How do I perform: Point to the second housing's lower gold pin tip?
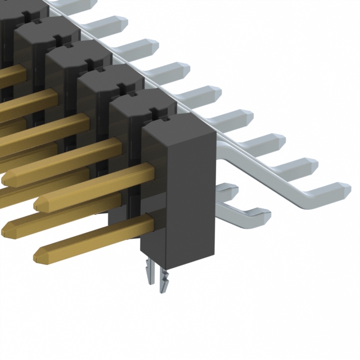9,227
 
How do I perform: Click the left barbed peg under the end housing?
149,276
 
